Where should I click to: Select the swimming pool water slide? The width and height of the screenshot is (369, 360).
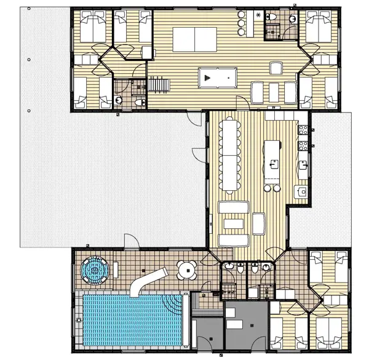(x=147, y=281)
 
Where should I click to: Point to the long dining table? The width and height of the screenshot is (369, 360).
(x=230, y=154)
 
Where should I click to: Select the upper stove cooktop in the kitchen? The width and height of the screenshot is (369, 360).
(x=302, y=130)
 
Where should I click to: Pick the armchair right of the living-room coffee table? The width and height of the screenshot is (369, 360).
(x=259, y=223)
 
